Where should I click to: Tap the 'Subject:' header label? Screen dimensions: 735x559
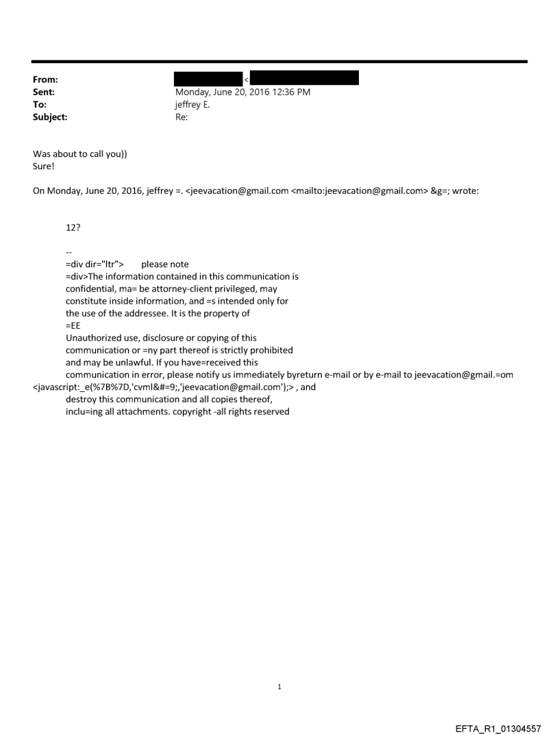(x=50, y=117)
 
